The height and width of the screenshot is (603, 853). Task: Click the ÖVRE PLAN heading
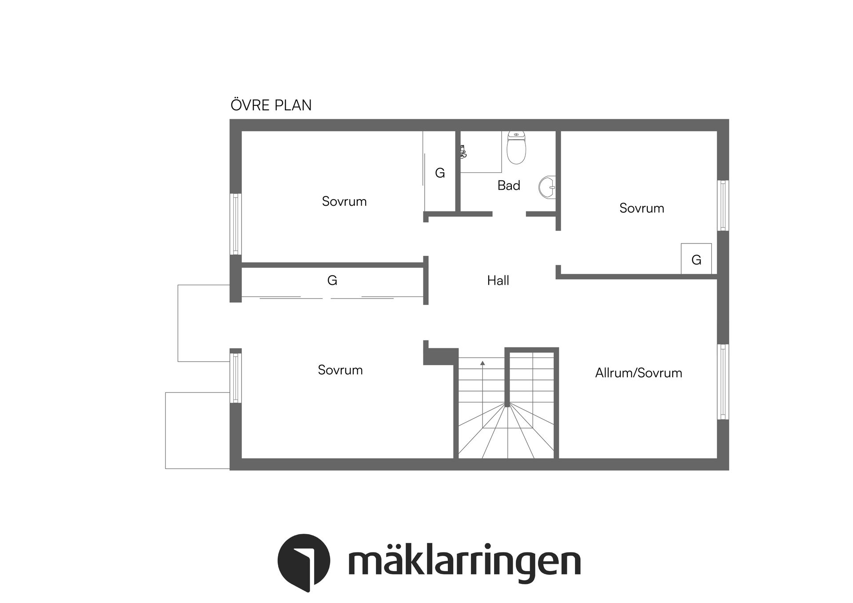click(271, 105)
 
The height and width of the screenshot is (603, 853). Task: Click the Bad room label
click(509, 185)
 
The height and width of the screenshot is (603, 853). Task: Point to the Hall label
click(498, 280)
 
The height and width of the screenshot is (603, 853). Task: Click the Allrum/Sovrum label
click(638, 373)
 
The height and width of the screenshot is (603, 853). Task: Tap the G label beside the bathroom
click(440, 173)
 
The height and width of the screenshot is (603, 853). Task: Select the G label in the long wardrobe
click(332, 280)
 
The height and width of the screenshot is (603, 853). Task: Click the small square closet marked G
click(696, 259)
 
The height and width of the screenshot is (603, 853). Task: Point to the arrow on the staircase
click(482, 363)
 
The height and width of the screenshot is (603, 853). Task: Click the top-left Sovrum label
click(344, 201)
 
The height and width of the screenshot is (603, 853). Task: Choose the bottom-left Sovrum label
click(340, 370)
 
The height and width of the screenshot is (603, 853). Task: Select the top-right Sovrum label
click(642, 208)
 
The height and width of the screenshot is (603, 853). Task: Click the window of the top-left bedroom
click(235, 224)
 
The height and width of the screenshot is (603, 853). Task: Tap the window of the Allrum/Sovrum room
click(723, 382)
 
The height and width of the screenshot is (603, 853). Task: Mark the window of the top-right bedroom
click(723, 205)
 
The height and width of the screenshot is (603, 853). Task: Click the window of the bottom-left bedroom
click(235, 376)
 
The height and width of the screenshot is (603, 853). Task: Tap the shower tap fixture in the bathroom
click(463, 152)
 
